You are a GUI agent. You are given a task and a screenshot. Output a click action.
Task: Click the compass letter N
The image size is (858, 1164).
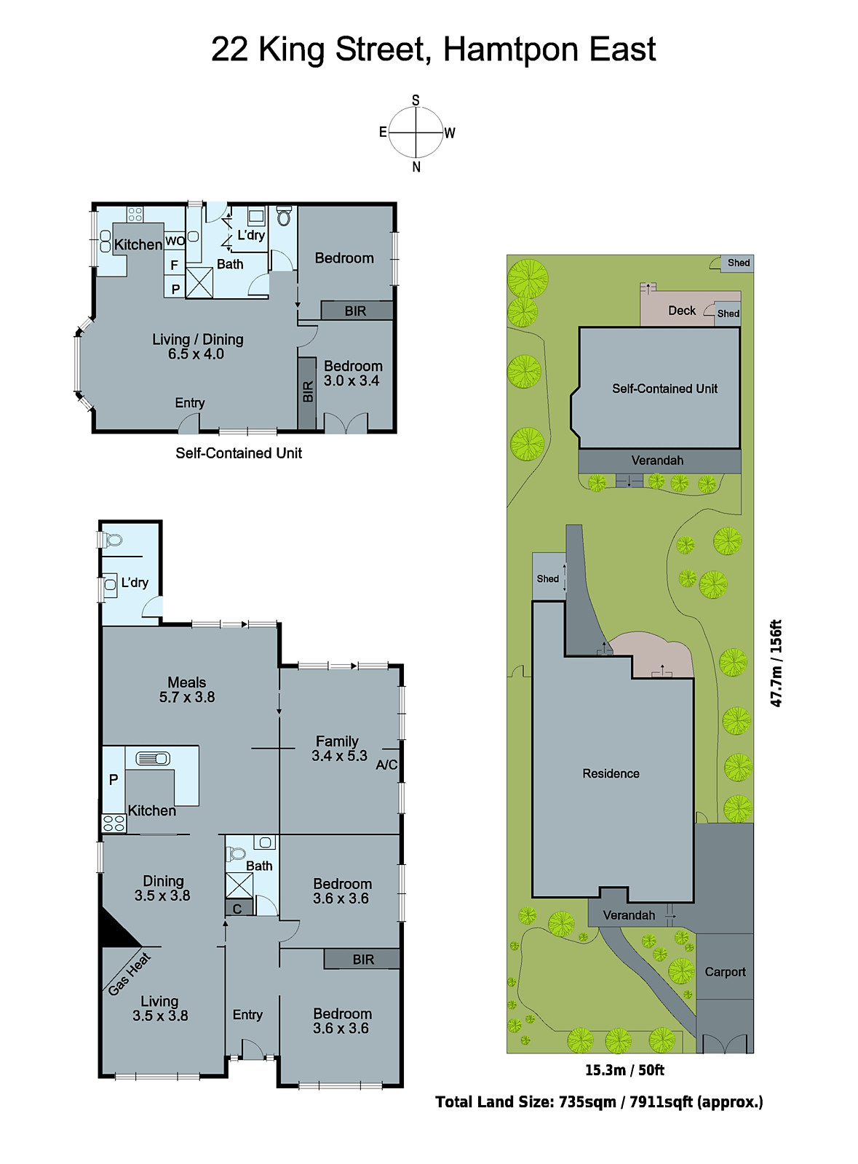(x=416, y=167)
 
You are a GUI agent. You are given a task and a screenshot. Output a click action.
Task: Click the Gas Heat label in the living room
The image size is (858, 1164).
(x=129, y=974)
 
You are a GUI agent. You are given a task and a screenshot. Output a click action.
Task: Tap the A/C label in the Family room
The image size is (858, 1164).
(x=386, y=765)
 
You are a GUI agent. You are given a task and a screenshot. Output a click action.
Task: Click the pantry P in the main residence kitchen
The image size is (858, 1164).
(x=114, y=779)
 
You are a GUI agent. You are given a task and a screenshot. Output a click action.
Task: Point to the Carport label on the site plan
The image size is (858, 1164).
(x=725, y=972)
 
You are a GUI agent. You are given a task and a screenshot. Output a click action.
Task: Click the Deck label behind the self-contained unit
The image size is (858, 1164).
(x=682, y=311)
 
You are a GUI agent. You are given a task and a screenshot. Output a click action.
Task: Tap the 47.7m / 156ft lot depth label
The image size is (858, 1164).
(x=776, y=663)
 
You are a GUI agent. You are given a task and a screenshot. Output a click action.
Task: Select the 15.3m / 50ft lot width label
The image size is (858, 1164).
(x=624, y=1070)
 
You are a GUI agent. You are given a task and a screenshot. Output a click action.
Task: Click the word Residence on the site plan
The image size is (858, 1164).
(x=611, y=773)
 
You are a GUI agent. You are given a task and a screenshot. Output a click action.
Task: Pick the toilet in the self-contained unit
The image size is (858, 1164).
(x=285, y=216)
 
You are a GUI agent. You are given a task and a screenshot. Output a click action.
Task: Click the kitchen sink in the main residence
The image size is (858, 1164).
(x=153, y=759)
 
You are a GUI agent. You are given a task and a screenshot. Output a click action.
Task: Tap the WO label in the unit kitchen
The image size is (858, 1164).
(x=175, y=241)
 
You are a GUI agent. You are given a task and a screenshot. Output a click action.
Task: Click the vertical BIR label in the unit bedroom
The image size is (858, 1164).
(x=307, y=392)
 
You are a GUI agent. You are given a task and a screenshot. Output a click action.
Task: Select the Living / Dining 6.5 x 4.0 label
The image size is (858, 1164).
(x=197, y=346)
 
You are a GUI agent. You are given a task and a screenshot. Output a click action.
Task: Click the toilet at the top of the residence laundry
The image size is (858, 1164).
(x=112, y=540)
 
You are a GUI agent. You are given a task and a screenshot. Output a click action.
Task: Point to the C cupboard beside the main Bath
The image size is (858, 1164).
(x=237, y=909)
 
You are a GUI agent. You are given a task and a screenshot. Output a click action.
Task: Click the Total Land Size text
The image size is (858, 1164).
(x=599, y=1101)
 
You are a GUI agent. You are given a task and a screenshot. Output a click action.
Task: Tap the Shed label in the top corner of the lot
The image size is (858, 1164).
(x=738, y=263)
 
